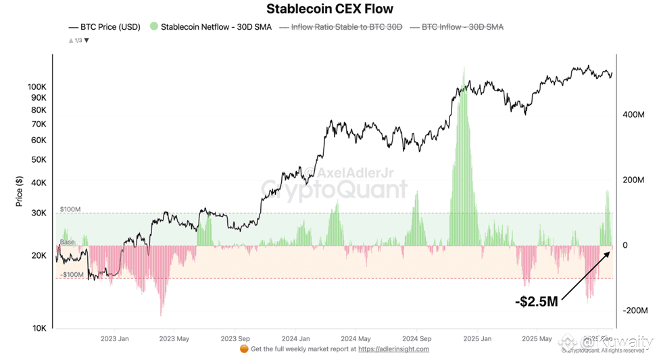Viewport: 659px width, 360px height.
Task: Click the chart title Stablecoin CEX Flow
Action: pos(329,9)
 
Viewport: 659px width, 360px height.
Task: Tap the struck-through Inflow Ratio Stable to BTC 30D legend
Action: pos(345,27)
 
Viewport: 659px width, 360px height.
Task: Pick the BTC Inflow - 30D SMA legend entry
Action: pos(462,27)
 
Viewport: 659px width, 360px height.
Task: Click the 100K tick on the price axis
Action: pos(37,87)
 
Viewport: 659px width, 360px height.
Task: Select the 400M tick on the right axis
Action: pos(633,115)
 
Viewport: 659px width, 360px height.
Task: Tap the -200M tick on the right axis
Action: pos(633,311)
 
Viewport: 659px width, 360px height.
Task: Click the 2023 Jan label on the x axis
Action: pos(114,338)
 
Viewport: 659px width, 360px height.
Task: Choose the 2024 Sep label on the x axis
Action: pos(416,338)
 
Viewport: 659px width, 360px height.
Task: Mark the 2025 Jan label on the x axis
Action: pos(477,338)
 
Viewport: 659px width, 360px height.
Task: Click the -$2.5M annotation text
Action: pos(536,301)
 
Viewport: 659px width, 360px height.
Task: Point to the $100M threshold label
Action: pos(70,209)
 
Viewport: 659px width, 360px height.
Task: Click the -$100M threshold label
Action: pos(71,275)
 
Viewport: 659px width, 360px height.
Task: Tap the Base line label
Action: pos(68,242)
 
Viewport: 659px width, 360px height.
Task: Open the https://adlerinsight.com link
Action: pos(393,349)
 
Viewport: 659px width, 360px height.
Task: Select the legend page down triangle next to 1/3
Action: pos(87,41)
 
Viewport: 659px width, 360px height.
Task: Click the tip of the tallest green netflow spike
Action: pos(464,68)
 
